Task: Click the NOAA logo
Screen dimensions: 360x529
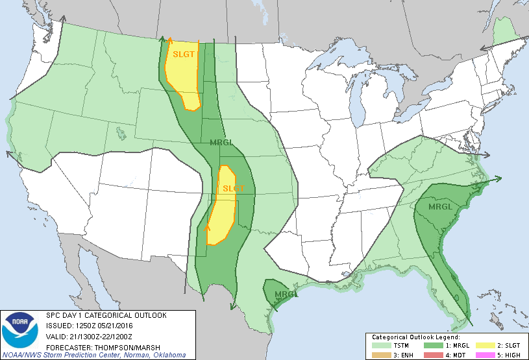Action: pos(22,330)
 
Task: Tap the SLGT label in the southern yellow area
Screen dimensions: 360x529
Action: pos(233,189)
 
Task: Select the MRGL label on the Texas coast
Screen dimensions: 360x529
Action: pos(287,295)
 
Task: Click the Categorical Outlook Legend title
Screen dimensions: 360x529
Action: pos(415,337)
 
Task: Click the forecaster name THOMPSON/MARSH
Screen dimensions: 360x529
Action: pos(118,345)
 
